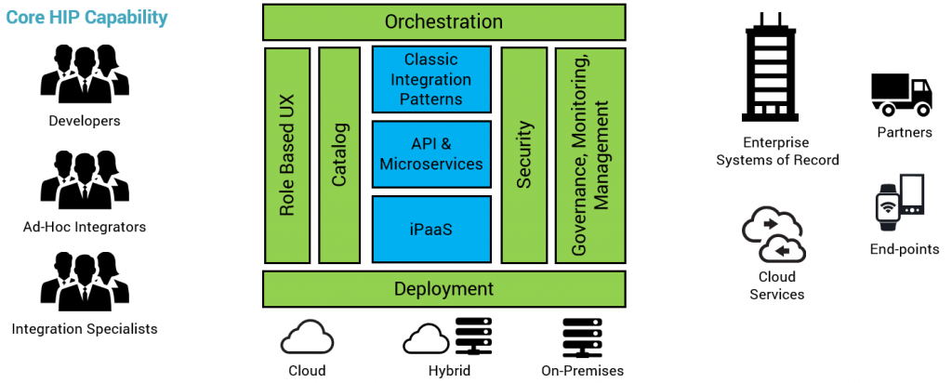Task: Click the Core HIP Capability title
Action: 87,18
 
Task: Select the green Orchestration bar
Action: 443,21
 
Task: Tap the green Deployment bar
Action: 443,288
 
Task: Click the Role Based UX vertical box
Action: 287,155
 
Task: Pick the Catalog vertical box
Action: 339,155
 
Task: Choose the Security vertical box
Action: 523,155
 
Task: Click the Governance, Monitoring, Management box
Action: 589,155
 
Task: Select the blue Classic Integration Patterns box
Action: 431,80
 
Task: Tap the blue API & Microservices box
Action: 431,153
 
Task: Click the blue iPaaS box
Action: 431,228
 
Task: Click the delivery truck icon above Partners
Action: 901,96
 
